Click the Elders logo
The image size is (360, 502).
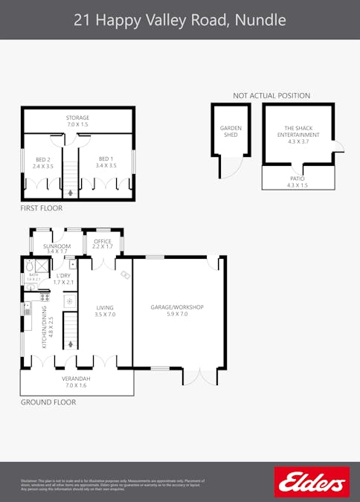click(312, 482)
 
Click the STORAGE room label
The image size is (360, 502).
click(77, 120)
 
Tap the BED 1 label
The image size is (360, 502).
click(106, 161)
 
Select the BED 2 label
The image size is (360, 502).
click(43, 161)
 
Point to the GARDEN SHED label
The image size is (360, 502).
click(231, 131)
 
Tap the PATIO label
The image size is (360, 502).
click(298, 181)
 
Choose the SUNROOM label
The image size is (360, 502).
click(57, 248)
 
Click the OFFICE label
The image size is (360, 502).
click(103, 242)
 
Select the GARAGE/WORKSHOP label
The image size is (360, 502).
click(177, 310)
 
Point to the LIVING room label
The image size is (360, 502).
click(105, 310)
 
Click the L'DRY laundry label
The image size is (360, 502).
click(64, 278)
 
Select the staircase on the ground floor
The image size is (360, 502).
click(70, 331)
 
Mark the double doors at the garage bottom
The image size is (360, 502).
click(199, 377)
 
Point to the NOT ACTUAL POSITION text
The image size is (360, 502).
click(271, 96)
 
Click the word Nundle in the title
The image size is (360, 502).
click(260, 20)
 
